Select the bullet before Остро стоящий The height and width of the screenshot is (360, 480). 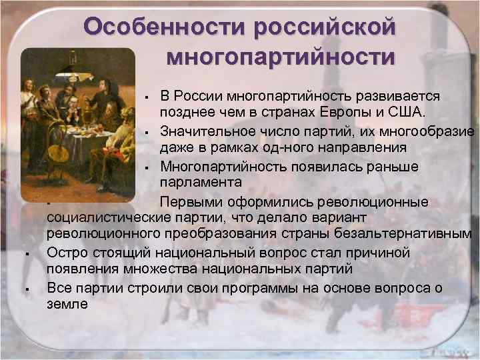[x=25, y=254]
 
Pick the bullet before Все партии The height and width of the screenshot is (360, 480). [x=25, y=289]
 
